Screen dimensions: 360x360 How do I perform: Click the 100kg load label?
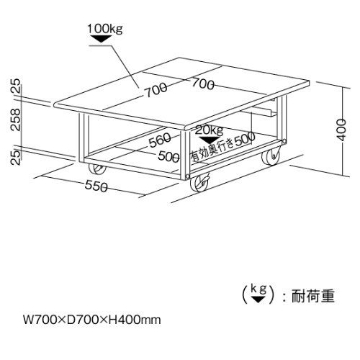104,29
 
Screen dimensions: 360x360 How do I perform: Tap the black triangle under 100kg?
101,39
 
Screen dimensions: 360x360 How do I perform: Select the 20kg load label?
209,130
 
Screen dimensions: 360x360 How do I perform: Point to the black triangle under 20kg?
210,140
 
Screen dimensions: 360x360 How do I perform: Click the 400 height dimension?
342,130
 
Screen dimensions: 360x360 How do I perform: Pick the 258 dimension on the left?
15,120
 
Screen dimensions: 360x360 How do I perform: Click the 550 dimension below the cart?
96,186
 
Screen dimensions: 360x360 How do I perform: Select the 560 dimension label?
160,140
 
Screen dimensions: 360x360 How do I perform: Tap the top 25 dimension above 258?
15,86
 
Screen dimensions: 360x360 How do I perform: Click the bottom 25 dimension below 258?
15,157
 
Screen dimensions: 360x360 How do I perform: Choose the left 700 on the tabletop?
156,90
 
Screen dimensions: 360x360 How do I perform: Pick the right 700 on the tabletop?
203,84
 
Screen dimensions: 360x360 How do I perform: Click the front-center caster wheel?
199,184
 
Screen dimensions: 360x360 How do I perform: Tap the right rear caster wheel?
271,156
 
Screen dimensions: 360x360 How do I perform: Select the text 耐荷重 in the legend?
313,296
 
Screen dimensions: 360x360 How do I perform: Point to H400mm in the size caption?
135,320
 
